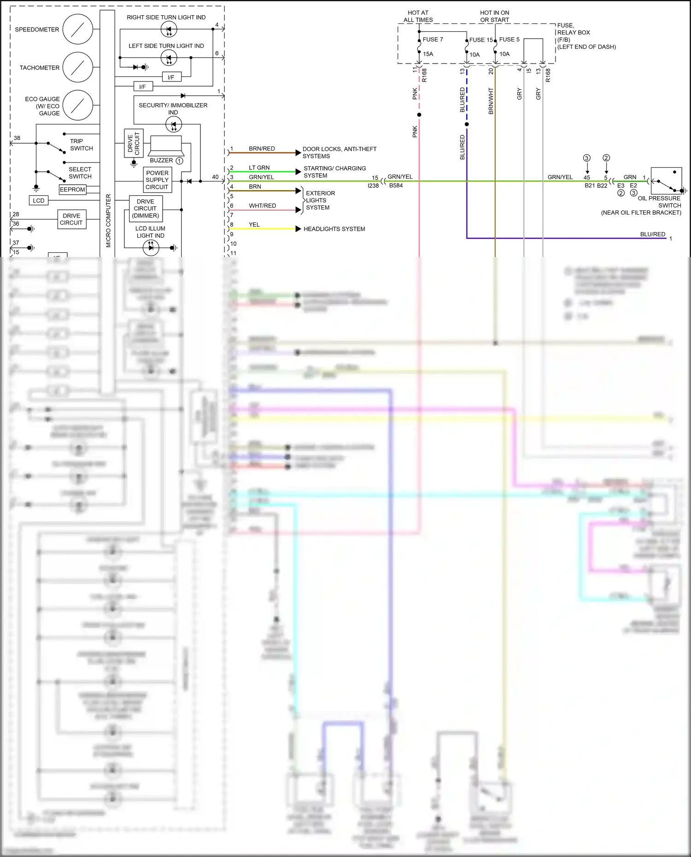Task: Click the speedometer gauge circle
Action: pos(77,29)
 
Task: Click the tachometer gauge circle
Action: pos(77,67)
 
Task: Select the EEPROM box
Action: pos(72,189)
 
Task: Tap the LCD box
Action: pos(39,200)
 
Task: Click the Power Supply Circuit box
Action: pos(157,180)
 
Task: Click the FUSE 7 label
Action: pos(433,40)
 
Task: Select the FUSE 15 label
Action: pos(480,40)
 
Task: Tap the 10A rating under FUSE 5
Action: pos(504,54)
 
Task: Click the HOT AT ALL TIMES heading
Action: pos(418,17)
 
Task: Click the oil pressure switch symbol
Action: pos(666,181)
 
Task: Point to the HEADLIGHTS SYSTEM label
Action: pos(334,229)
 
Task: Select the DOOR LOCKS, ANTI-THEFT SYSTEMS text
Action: pos(339,152)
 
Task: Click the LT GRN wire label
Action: pos(259,168)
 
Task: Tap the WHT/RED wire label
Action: pos(262,205)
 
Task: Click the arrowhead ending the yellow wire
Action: pos(299,229)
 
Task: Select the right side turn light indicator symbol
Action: pos(169,29)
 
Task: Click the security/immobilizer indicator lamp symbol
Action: pos(173,124)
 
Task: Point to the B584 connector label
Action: pos(396,186)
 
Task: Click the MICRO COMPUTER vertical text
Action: pos(108,220)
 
